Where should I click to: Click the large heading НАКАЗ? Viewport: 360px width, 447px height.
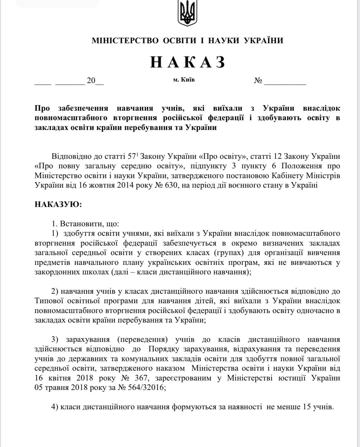click(188, 62)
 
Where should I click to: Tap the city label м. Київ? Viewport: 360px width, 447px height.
click(184, 80)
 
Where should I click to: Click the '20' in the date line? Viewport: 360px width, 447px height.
click(91, 81)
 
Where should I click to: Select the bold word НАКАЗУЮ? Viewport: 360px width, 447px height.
click(58, 204)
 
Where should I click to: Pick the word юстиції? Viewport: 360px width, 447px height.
click(293, 378)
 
